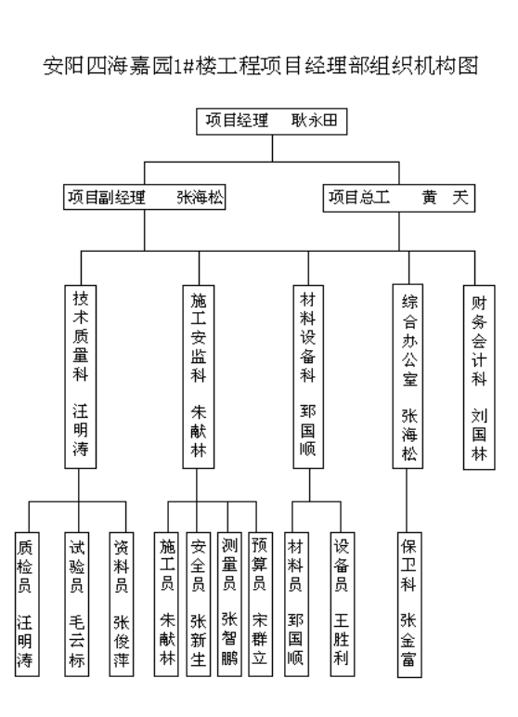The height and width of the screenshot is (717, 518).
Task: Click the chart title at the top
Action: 261,65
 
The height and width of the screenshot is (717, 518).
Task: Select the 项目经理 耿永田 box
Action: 272,121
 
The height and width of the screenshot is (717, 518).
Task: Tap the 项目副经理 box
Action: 145,197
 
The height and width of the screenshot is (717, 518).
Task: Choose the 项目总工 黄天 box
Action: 398,198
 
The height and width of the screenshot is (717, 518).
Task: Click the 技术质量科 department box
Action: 81,377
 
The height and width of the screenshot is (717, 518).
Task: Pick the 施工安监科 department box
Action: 199,377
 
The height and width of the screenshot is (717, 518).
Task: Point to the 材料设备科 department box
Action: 308,377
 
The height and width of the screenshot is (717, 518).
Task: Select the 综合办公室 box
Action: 408,376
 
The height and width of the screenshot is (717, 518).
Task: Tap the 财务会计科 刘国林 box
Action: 479,378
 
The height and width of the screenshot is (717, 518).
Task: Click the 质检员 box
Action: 27,604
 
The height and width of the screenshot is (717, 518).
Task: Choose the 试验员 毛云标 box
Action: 77,604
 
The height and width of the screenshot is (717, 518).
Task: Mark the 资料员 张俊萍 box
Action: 122,604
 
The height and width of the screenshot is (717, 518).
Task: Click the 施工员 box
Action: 166,604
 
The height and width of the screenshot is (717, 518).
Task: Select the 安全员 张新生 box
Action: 199,604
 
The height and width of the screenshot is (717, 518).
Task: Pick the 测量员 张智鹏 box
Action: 229,604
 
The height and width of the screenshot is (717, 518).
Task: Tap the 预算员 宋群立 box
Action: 260,604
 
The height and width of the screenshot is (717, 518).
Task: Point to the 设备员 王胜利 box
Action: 343,604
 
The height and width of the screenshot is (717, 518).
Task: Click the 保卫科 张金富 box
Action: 409,605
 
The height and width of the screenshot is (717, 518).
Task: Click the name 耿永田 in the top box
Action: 314,120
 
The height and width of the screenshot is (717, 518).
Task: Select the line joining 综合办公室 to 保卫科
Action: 407,501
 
